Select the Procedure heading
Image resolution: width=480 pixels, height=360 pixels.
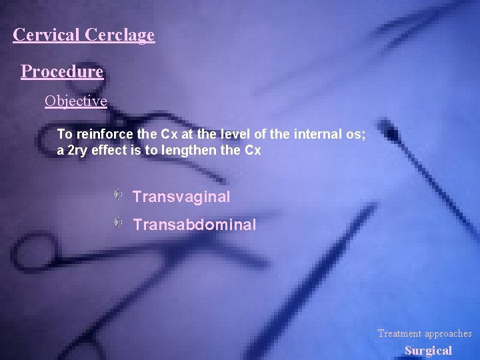62,71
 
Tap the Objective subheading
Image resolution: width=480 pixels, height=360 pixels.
75,101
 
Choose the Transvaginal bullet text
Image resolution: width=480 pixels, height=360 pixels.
181,197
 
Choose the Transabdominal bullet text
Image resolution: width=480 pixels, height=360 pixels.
194,225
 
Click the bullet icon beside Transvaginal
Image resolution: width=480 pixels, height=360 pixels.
117,195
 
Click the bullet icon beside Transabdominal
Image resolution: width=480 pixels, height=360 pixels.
117,222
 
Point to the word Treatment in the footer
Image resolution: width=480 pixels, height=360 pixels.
400,333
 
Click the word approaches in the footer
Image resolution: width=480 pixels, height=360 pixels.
448,333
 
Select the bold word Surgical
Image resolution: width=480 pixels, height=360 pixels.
428,351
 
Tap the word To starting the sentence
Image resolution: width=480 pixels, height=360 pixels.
64,134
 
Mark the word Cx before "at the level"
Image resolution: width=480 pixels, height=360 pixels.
170,134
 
